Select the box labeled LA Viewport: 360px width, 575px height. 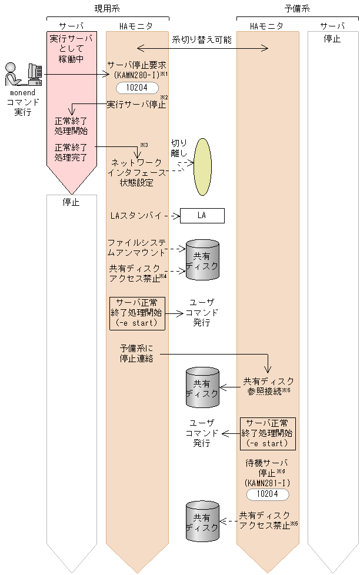coord(202,216)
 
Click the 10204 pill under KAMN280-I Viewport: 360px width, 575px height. coord(137,88)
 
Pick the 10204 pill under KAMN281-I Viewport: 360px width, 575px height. coord(268,494)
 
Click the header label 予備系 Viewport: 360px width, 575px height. coord(297,8)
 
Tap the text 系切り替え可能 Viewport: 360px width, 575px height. coord(202,40)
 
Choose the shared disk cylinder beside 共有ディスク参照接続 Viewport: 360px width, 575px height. coord(202,388)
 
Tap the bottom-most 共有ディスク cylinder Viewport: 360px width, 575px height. coord(202,521)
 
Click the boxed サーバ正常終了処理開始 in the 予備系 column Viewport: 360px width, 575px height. coord(268,433)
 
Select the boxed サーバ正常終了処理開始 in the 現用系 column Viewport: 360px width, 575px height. coord(137,313)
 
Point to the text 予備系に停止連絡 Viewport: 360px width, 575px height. coord(137,354)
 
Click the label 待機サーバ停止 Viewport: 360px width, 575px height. coord(268,467)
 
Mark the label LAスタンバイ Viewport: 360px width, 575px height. coord(135,216)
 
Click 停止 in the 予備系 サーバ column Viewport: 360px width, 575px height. coord(332,39)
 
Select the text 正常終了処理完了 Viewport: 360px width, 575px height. coord(71,153)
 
